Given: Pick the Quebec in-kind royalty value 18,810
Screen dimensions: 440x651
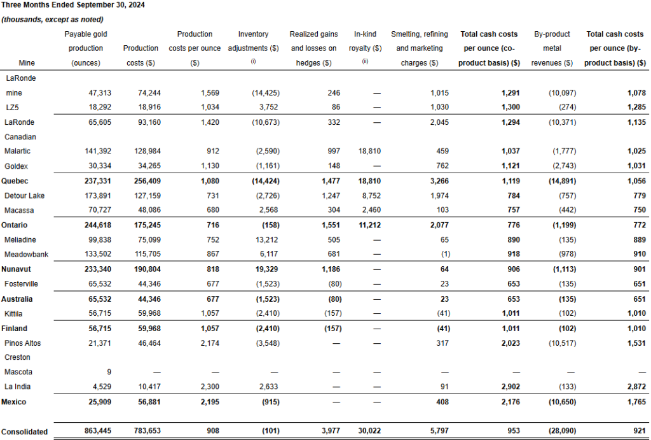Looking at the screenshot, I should (x=368, y=180).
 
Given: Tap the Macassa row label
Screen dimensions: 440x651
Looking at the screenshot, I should (x=19, y=210).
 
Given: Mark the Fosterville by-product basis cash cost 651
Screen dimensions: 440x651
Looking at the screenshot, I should (x=636, y=283).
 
